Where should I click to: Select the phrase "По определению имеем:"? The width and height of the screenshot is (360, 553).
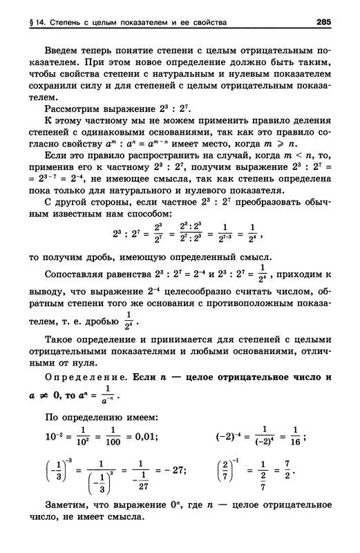click(101, 416)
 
